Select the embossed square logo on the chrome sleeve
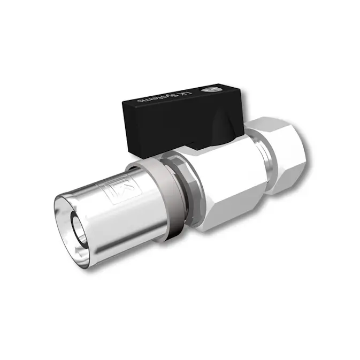[116, 188]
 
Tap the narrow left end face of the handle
[128, 126]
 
